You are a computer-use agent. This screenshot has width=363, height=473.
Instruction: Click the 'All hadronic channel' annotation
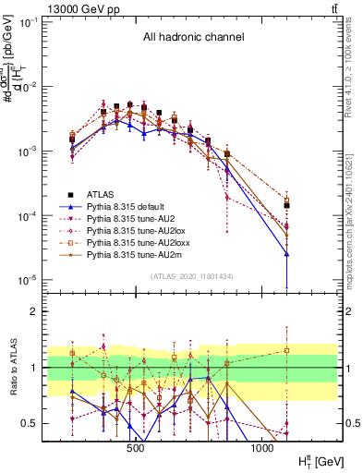tap(192, 37)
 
